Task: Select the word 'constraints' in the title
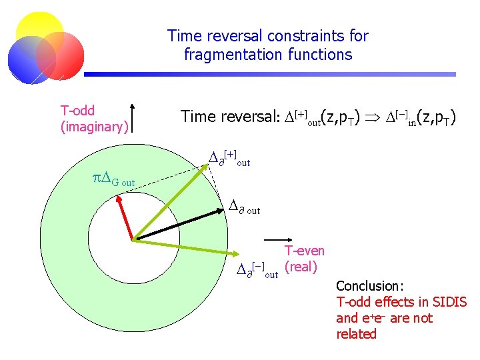click(x=299, y=35)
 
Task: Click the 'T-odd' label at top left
click(x=77, y=111)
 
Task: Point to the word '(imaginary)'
click(x=94, y=126)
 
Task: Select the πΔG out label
click(x=113, y=178)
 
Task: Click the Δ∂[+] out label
click(x=229, y=159)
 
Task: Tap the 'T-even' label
click(x=305, y=251)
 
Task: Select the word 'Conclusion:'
click(x=370, y=285)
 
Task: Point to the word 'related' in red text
click(x=357, y=334)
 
